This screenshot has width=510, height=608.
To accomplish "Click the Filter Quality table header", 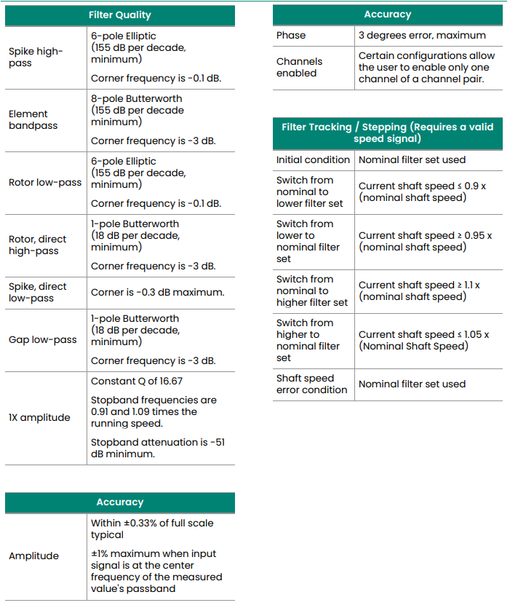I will [x=120, y=15].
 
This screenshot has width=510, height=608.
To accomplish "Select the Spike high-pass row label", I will [x=36, y=58].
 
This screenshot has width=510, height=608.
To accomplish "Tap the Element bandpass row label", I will [x=28, y=120].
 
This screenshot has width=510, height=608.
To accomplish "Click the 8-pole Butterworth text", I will [x=137, y=99].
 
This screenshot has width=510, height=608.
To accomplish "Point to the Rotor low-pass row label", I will [x=45, y=183].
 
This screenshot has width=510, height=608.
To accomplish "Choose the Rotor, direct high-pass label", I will [x=37, y=245].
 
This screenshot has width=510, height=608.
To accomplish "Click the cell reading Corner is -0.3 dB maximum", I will [x=157, y=293].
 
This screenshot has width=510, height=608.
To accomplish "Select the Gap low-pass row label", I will [x=42, y=340].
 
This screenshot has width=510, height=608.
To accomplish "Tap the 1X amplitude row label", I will [x=39, y=418].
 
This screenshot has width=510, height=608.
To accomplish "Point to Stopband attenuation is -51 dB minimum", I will [x=157, y=448].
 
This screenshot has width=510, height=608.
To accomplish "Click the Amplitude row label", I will [x=33, y=556].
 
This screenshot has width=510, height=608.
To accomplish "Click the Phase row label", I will [x=291, y=35].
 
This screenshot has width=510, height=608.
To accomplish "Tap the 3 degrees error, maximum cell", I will [x=422, y=35].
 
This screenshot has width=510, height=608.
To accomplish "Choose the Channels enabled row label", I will [x=299, y=68].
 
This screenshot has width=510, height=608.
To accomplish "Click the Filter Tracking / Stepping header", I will [x=387, y=133].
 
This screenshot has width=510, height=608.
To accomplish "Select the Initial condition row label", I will [x=313, y=160].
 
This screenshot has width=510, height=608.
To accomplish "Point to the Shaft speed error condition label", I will [x=311, y=384].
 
